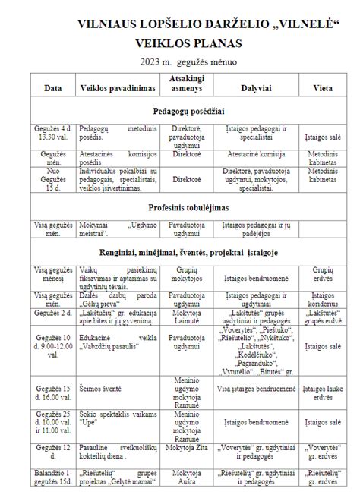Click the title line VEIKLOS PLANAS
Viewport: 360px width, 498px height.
point(179,42)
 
